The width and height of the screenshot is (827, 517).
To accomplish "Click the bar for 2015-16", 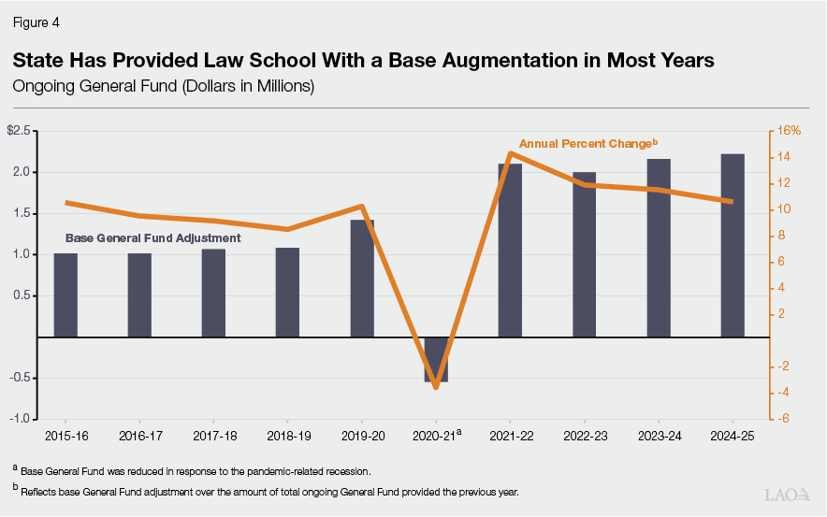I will pyautogui.click(x=65, y=294).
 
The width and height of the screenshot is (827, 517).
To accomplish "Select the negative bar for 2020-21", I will pyautogui.click(x=436, y=359).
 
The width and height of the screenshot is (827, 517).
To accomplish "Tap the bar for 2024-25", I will pyautogui.click(x=733, y=245).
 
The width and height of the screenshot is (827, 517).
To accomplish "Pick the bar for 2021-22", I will pyautogui.click(x=510, y=250).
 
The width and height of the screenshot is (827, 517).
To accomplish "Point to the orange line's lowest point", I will pyautogui.click(x=436, y=386).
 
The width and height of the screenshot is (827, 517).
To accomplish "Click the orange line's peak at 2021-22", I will pyautogui.click(x=510, y=153).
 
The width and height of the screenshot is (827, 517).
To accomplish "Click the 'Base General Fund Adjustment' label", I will pyautogui.click(x=152, y=238).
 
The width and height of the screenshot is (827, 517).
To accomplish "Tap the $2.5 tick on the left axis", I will pyautogui.click(x=20, y=131).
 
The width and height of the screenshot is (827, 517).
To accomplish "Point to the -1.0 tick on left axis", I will pyautogui.click(x=20, y=419).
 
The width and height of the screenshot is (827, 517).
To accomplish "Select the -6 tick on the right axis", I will pyautogui.click(x=787, y=419).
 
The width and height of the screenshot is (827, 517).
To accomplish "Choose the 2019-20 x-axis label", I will pyautogui.click(x=362, y=436).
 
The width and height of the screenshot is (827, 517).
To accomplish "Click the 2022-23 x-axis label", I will pyautogui.click(x=584, y=436).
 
